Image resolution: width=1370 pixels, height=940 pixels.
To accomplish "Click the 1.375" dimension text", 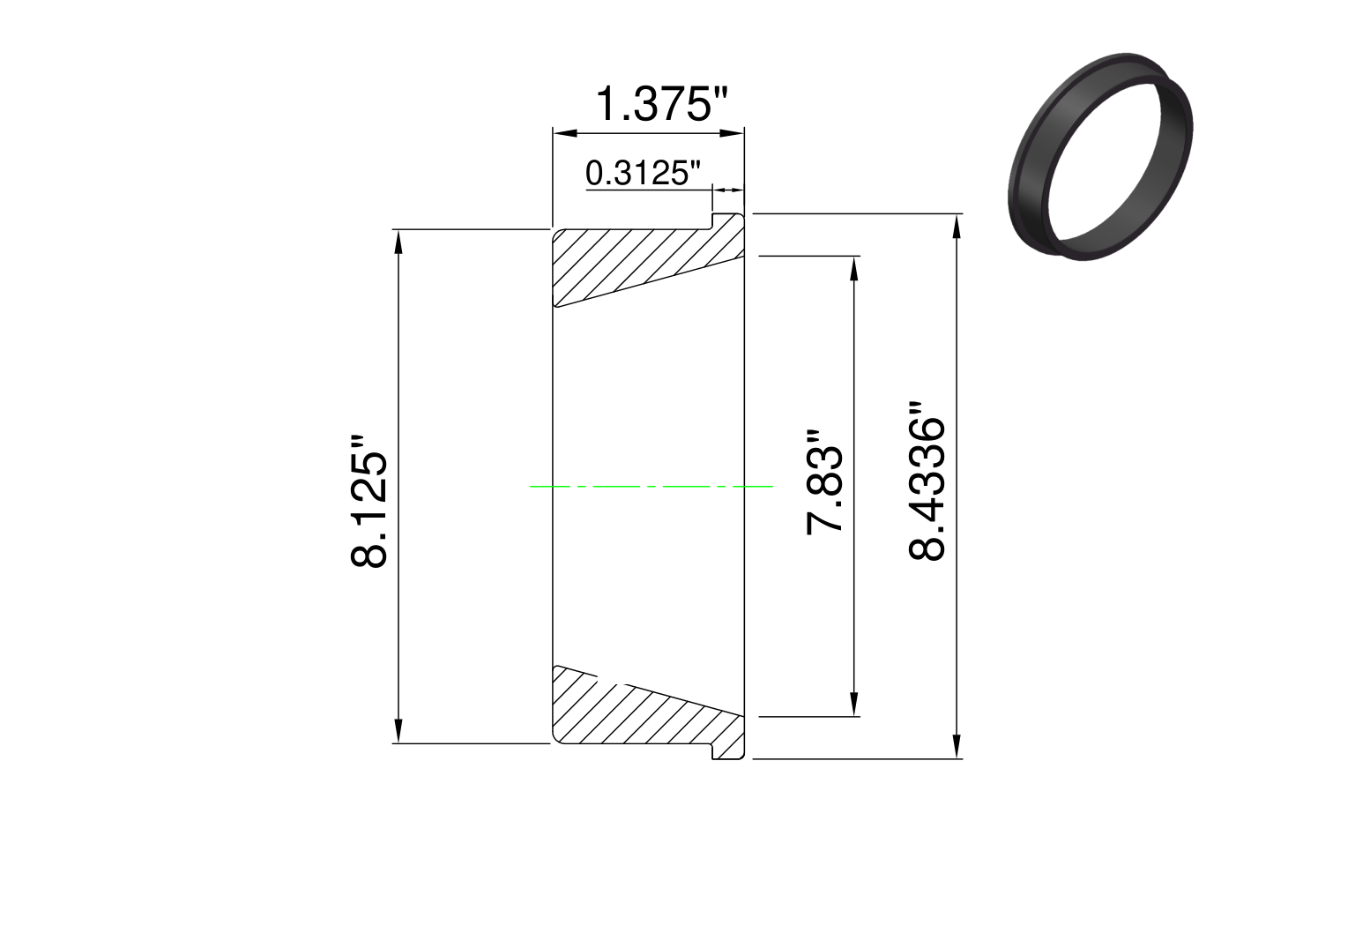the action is coord(662,104).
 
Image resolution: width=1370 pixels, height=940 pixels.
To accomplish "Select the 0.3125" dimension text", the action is coord(642,173).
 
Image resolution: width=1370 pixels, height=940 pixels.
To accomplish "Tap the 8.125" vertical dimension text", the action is coord(369,502).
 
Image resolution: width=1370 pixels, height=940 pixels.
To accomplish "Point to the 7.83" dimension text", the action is coord(824,482).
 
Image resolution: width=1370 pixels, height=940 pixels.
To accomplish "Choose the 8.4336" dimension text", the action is coord(927,481).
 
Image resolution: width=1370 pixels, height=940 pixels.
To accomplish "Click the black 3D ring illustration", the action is coord(1099,157).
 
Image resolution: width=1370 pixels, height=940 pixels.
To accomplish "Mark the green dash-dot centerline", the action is coord(651,486).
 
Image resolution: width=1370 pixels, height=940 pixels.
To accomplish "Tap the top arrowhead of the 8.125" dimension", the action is coord(398,242).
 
